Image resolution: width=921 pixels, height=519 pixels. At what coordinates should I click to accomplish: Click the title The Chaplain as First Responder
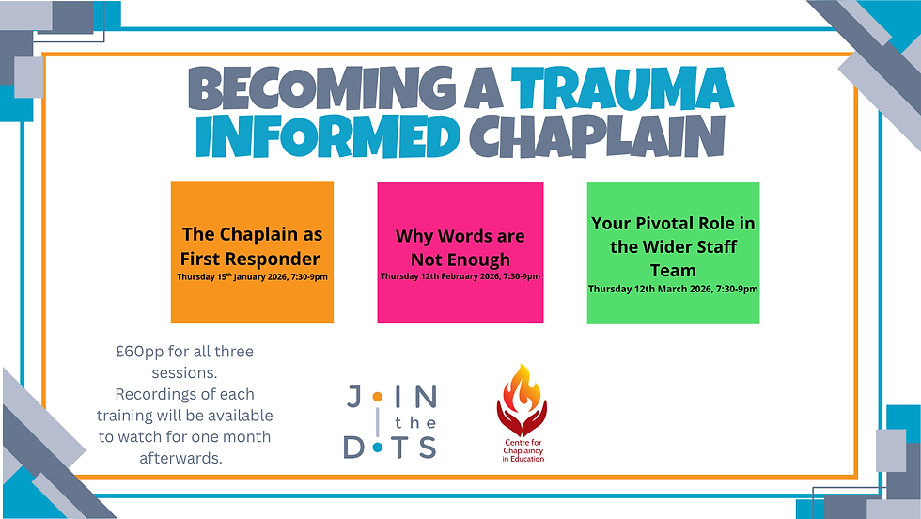click(x=251, y=246)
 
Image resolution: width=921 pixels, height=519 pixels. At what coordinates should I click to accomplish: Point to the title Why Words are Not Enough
click(x=460, y=247)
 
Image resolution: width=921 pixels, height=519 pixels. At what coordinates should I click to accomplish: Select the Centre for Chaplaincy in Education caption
click(x=522, y=451)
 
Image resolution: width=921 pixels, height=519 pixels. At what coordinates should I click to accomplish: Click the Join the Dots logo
click(x=390, y=422)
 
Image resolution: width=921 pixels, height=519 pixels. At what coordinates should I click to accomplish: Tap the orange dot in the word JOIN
click(x=377, y=398)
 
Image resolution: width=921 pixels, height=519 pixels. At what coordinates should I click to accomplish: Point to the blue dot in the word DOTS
click(x=378, y=448)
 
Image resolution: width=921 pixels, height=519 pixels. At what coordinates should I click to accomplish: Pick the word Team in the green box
click(x=673, y=270)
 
